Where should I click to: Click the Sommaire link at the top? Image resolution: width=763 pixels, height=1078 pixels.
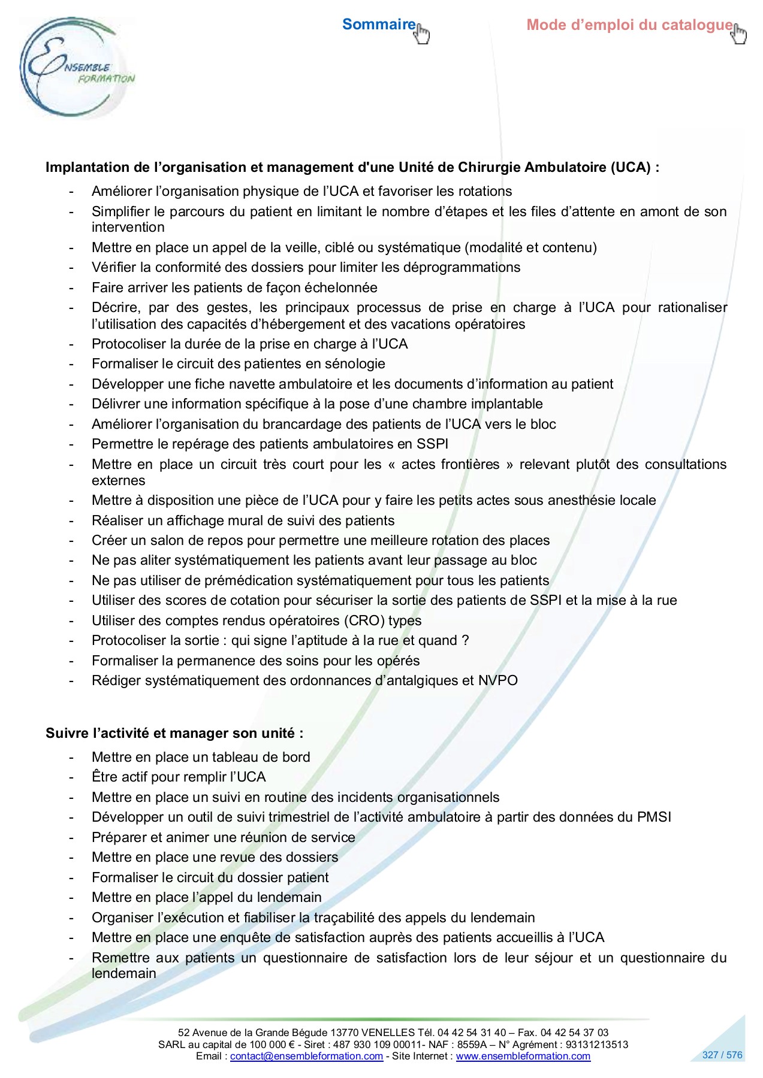378,25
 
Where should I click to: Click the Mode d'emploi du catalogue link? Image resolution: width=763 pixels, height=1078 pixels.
629,25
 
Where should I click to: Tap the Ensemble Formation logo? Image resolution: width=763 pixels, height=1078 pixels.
75,67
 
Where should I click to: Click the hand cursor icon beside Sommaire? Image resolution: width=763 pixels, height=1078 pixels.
423,34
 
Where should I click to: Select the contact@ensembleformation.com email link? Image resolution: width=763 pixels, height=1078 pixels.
306,1056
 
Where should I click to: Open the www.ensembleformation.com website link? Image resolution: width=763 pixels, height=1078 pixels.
523,1056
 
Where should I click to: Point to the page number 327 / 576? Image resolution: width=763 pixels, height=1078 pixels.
722,1055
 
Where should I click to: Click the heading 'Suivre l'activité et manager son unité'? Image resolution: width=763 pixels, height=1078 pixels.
174,733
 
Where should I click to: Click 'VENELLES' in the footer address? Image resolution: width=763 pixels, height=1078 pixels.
388,1032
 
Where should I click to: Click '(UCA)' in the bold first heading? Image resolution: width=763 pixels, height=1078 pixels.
631,167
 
